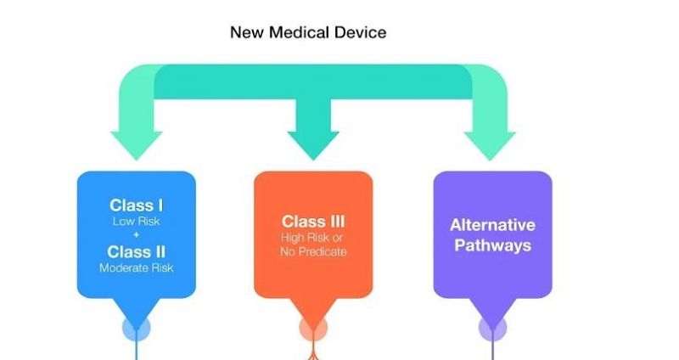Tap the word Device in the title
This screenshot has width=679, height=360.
pyautogui.click(x=362, y=32)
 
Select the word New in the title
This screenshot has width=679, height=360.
pyautogui.click(x=247, y=32)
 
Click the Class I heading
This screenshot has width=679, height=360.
pyautogui.click(x=137, y=205)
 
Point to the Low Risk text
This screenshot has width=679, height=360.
pyautogui.click(x=137, y=222)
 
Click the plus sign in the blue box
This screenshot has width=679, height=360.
pyautogui.click(x=137, y=235)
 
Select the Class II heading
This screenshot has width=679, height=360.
pyautogui.click(x=137, y=251)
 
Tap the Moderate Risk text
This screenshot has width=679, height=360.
pyautogui.click(x=137, y=267)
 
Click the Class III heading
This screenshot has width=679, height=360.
pyautogui.click(x=313, y=222)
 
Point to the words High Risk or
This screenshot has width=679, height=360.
pyautogui.click(x=311, y=238)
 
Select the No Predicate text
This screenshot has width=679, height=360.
pyautogui.click(x=313, y=251)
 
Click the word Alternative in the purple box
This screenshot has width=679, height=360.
pyautogui.click(x=493, y=225)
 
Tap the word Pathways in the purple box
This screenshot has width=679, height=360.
pyautogui.click(x=493, y=245)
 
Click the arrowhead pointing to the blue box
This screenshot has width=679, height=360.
pyautogui.click(x=137, y=146)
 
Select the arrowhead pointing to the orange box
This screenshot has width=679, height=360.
pyautogui.click(x=313, y=146)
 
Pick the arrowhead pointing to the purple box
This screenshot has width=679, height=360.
pyautogui.click(x=490, y=146)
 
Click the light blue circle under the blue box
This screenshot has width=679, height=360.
pyautogui.click(x=137, y=329)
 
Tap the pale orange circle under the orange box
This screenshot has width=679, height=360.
pyautogui.click(x=313, y=329)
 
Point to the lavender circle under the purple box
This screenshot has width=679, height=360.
pyautogui.click(x=493, y=329)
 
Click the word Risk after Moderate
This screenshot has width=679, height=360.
pyautogui.click(x=162, y=267)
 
